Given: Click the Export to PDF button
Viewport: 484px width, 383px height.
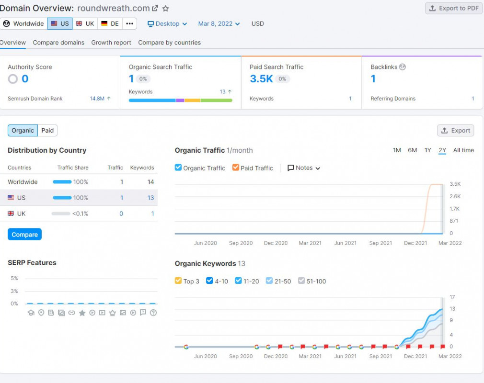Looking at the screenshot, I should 453,8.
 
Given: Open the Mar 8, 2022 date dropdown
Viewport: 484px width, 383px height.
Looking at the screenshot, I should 219,23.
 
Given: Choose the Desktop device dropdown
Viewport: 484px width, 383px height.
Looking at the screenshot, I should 167,23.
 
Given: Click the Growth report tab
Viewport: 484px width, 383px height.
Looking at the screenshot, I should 111,43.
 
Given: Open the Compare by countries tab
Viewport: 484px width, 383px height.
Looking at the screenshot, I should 169,43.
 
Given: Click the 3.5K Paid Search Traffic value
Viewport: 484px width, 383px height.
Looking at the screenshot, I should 261,79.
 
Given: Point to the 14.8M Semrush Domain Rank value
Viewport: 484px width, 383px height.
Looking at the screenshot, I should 97,99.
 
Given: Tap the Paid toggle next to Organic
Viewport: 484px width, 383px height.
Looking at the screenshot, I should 47,130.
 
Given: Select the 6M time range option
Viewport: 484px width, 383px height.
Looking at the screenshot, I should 412,150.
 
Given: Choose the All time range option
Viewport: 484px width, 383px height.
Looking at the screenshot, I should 463,150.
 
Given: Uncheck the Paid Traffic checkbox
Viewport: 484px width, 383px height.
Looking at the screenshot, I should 236,168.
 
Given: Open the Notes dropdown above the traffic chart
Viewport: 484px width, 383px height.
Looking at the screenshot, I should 304,168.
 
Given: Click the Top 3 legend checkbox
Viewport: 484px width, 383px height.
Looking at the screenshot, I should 178,281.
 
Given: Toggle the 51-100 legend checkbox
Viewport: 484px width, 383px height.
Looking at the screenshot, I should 301,281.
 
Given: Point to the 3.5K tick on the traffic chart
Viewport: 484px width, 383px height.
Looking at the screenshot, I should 455,184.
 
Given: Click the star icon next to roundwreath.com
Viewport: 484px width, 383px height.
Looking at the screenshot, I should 166,8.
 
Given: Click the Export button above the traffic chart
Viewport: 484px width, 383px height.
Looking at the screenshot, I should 455,130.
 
